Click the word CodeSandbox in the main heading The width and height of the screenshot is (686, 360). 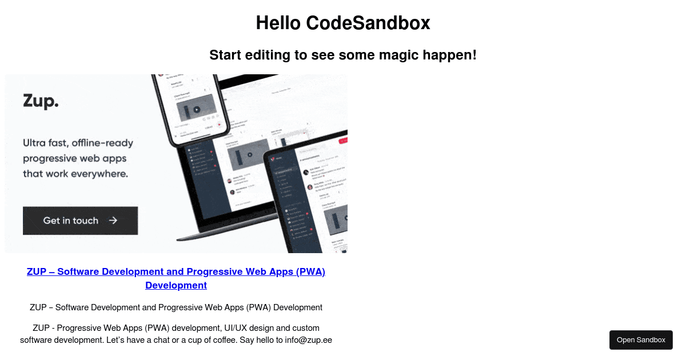click(x=368, y=23)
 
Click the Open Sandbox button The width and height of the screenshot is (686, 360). click(x=641, y=340)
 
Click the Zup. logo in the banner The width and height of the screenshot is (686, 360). click(x=41, y=101)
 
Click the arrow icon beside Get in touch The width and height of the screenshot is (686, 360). click(x=113, y=221)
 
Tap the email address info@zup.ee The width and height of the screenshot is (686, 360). click(x=309, y=340)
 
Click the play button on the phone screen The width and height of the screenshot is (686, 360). click(x=196, y=109)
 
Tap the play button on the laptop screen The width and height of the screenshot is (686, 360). click(x=249, y=154)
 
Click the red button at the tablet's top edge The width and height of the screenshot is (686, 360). click(x=343, y=141)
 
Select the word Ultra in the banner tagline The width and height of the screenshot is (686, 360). click(x=35, y=143)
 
